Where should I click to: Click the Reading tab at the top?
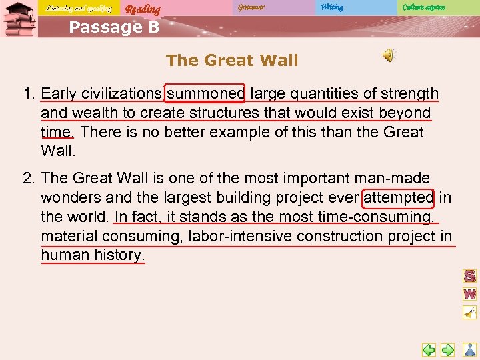click(143, 9)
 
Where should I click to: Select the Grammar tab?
click(251, 7)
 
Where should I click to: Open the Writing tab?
click(331, 7)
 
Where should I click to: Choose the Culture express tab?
click(423, 7)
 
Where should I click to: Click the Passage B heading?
click(114, 27)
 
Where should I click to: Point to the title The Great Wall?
click(232, 60)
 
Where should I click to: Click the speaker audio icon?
click(389, 56)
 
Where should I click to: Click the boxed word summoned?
click(207, 93)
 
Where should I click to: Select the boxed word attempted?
click(399, 198)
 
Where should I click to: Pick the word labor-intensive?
click(240, 236)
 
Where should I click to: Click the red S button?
click(469, 276)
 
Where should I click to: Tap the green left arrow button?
click(429, 349)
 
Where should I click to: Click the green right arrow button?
click(448, 349)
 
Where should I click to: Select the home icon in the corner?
click(470, 349)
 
